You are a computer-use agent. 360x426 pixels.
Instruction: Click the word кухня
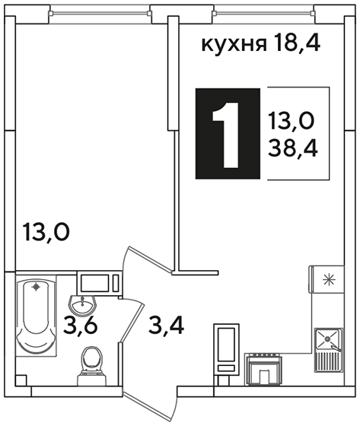tap(234, 45)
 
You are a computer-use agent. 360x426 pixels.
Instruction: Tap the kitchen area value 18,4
tap(297, 43)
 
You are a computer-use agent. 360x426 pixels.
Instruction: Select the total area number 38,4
tap(292, 149)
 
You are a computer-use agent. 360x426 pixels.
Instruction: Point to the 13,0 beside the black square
tap(292, 121)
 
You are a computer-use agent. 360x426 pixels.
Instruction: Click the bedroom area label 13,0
tap(46, 232)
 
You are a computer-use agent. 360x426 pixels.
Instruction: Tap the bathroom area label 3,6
tap(80, 326)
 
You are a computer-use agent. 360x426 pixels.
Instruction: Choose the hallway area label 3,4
tap(167, 326)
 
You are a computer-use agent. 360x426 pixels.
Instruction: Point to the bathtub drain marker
tap(36, 287)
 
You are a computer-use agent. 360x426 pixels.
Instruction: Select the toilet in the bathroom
tap(91, 365)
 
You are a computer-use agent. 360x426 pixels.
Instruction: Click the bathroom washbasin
tap(82, 304)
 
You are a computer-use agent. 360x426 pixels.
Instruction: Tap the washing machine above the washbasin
tap(100, 283)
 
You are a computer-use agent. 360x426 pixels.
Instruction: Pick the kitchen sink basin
tap(327, 339)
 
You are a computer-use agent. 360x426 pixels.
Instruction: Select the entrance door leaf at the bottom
tap(149, 405)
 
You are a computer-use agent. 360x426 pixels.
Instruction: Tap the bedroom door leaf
tap(150, 260)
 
